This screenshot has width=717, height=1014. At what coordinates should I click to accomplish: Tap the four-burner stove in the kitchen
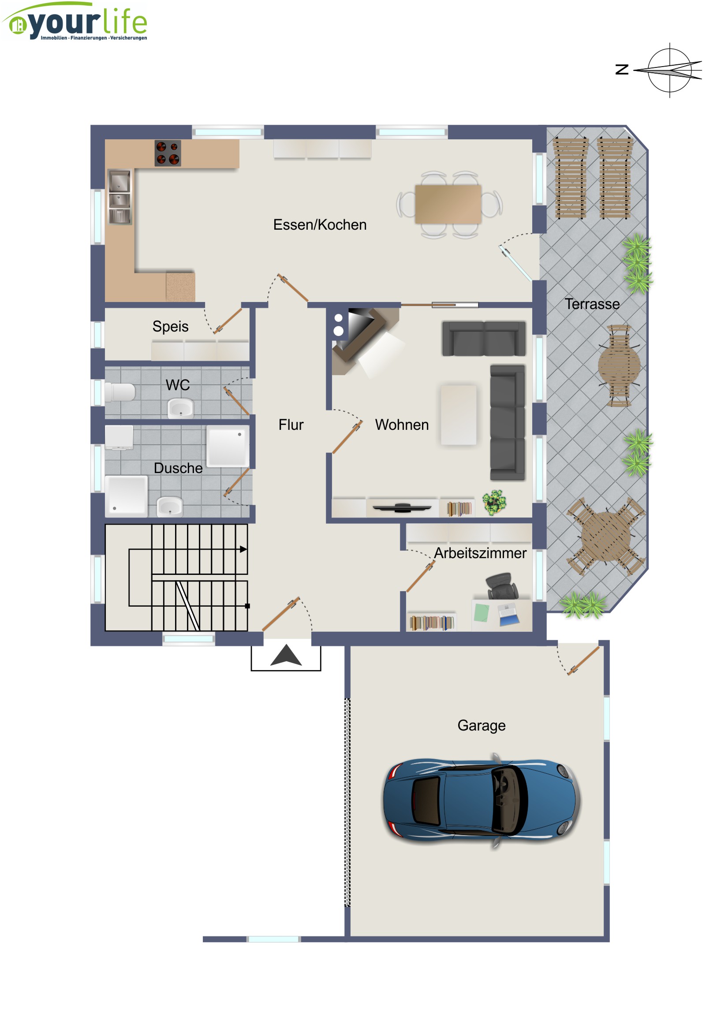[168, 153]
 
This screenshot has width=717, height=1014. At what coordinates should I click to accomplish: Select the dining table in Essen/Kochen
[448, 204]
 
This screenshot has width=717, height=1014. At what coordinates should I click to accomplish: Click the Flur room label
[291, 425]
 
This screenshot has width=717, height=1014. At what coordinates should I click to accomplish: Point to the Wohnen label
[402, 425]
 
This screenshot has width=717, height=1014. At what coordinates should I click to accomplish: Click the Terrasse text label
[592, 304]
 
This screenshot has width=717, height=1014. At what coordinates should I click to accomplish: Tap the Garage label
[482, 726]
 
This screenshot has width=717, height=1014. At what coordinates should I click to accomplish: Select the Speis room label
[171, 326]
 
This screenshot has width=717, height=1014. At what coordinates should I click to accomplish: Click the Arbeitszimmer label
[480, 553]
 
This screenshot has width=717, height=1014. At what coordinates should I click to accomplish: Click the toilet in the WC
[120, 392]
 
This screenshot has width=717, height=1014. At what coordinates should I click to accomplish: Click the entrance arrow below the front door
[286, 655]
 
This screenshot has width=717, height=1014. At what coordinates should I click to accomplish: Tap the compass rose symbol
[669, 70]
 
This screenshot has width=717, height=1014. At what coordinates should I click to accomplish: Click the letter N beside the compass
[622, 69]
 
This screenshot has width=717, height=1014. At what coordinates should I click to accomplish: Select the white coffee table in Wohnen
[459, 415]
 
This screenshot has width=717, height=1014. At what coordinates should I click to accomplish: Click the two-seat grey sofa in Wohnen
[484, 339]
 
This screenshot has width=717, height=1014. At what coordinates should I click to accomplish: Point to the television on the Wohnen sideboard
[402, 507]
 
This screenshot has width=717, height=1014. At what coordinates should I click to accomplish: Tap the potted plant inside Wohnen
[494, 503]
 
